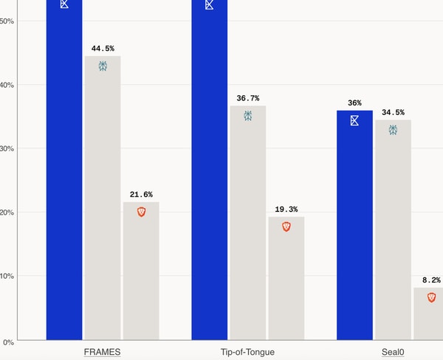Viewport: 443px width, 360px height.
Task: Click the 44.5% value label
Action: pyautogui.click(x=103, y=49)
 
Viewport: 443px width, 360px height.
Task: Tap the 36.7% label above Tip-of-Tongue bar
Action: pyautogui.click(x=248, y=98)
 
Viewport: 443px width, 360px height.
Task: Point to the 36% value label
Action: pyautogui.click(x=354, y=103)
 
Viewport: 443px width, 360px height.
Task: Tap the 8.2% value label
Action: pyautogui.click(x=431, y=280)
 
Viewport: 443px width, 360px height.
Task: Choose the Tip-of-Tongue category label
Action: pyautogui.click(x=247, y=352)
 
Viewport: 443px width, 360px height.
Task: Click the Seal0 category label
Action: pyautogui.click(x=393, y=352)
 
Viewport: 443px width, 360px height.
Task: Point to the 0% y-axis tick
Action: pyautogui.click(x=7, y=342)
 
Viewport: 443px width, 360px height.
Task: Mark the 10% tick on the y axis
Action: pyautogui.click(x=9, y=276)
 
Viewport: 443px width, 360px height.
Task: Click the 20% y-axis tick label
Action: pyautogui.click(x=9, y=212)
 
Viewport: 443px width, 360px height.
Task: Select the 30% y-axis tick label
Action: pyautogui.click(x=9, y=148)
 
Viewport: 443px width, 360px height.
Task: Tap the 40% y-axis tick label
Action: pyautogui.click(x=9, y=85)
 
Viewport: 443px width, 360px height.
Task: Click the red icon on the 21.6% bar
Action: pyautogui.click(x=141, y=212)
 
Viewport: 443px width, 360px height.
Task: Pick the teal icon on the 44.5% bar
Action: pyautogui.click(x=103, y=66)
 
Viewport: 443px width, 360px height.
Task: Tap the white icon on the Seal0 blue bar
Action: pyautogui.click(x=354, y=120)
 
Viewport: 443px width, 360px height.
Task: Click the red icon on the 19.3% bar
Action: pyautogui.click(x=286, y=226)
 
